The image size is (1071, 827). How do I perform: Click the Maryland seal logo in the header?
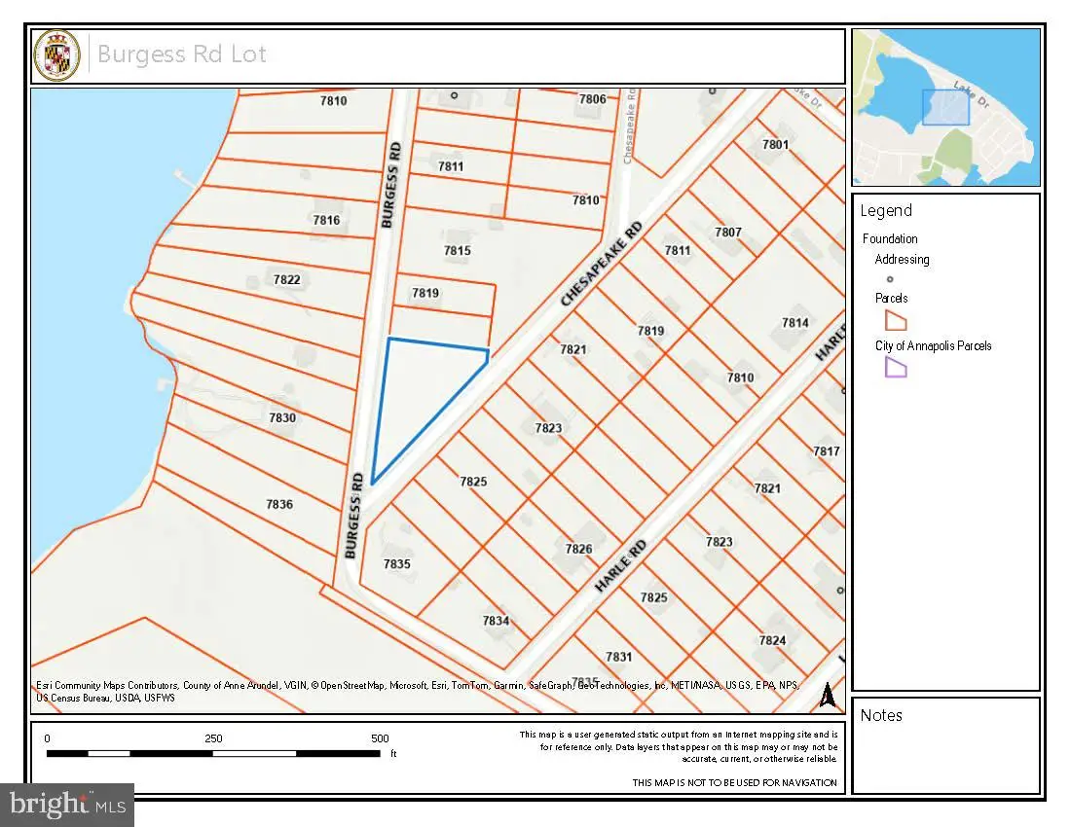(59, 55)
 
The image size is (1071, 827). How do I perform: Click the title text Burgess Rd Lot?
(182, 54)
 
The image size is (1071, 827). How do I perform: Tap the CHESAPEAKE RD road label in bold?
(602, 266)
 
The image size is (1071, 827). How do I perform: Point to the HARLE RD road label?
(620, 565)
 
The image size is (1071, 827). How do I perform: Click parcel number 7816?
(326, 221)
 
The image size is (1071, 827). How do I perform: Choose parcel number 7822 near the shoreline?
(286, 280)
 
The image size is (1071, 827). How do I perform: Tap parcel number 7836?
(279, 504)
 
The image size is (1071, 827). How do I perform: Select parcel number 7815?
(457, 251)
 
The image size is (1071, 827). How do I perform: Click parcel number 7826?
(578, 549)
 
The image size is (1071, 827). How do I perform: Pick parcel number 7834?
(496, 621)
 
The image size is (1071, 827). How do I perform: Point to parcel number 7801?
(775, 144)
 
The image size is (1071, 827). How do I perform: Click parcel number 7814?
(794, 323)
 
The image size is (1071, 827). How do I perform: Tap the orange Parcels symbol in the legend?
(895, 320)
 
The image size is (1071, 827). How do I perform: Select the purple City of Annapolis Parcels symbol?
(895, 367)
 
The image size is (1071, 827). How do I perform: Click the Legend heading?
(885, 211)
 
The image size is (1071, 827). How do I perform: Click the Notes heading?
(881, 716)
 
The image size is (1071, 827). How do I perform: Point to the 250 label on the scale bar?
(213, 738)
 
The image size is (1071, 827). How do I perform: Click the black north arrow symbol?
(827, 695)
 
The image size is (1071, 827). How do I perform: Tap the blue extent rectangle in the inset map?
(945, 107)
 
